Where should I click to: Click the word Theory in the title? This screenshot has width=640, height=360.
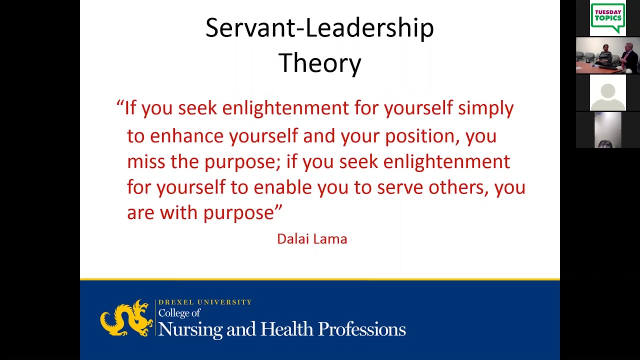pos(319,63)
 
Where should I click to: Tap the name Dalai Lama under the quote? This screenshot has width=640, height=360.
pos(312,239)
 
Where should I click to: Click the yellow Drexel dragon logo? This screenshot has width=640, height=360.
pos(126,318)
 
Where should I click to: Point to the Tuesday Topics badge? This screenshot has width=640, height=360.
pos(607,18)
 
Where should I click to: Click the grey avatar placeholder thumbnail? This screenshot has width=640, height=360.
pos(607,93)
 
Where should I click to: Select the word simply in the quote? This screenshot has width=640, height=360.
pos(485,108)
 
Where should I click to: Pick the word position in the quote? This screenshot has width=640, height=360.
pos(421,136)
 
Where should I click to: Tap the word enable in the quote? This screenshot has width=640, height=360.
pos(282,187)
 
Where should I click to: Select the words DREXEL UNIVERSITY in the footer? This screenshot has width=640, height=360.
pos(205,302)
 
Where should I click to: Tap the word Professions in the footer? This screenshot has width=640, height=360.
pos(361,329)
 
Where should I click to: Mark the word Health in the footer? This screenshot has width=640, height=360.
pos(287,329)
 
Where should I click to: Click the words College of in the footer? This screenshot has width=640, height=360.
pos(179,313)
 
